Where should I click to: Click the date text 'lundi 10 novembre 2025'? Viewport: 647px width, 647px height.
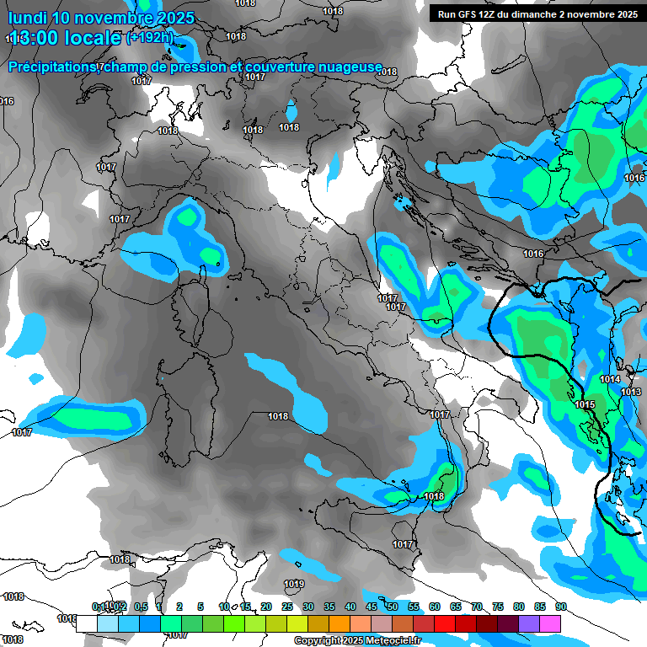tap(101, 18)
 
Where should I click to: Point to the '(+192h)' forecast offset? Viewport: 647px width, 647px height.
tap(150, 38)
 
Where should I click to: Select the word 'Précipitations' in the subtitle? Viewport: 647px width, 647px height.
tap(53, 67)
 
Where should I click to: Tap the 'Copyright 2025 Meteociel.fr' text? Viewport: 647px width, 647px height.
tap(357, 640)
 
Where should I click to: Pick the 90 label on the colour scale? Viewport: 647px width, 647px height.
tap(560, 607)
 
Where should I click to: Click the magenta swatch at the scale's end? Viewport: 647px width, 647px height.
tap(550, 623)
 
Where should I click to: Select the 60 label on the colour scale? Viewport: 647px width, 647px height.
tap(435, 607)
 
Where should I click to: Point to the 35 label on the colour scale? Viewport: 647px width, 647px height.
tap(329, 607)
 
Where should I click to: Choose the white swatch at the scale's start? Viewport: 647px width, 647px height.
tap(86, 623)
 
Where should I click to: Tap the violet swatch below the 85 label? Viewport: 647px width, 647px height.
tap(529, 623)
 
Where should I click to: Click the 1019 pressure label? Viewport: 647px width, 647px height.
tap(294, 584)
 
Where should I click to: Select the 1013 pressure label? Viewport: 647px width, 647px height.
tap(631, 393)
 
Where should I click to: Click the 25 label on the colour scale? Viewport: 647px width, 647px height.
tap(287, 607)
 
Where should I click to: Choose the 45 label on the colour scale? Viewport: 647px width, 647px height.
tap(372, 607)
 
